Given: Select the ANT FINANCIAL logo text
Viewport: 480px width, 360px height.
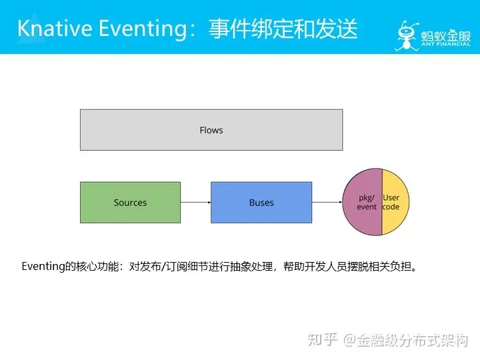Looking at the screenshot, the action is pyautogui.click(x=444, y=45).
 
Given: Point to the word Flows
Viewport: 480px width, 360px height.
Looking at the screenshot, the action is pyautogui.click(x=211, y=130).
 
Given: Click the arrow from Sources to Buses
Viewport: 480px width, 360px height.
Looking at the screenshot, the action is pyautogui.click(x=195, y=203).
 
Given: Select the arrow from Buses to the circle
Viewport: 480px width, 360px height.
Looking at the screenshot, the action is pyautogui.click(x=327, y=203).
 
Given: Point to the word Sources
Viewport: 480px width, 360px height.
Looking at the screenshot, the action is pyautogui.click(x=130, y=203).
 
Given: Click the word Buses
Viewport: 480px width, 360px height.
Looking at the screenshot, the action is pyautogui.click(x=261, y=203).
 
